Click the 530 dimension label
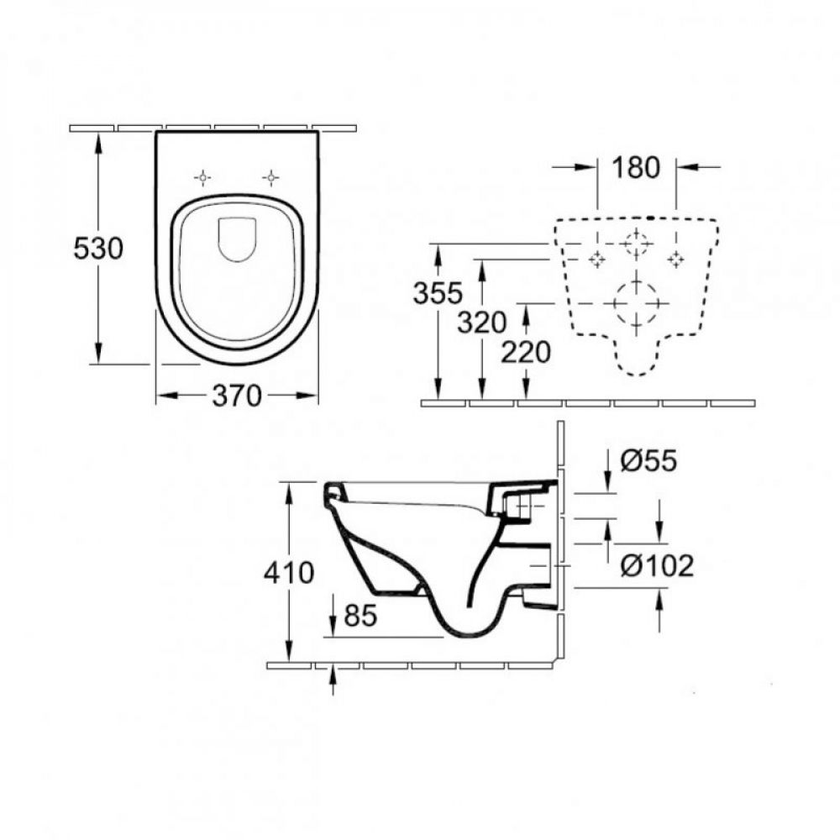pyautogui.click(x=98, y=249)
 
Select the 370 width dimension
pyautogui.click(x=237, y=396)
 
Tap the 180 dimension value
pyautogui.click(x=636, y=168)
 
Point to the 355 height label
pyautogui.click(x=438, y=293)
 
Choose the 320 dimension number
pyautogui.click(x=481, y=323)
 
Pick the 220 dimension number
pyautogui.click(x=526, y=353)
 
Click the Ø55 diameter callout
pyautogui.click(x=648, y=460)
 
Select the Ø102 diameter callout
pyautogui.click(x=658, y=565)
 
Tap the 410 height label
pyautogui.click(x=289, y=573)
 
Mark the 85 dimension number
pyautogui.click(x=360, y=615)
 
